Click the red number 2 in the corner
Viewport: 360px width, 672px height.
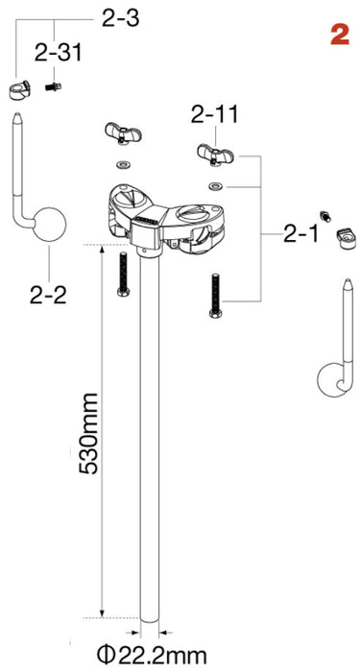coord(338,36)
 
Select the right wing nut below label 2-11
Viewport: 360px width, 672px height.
coord(211,150)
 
